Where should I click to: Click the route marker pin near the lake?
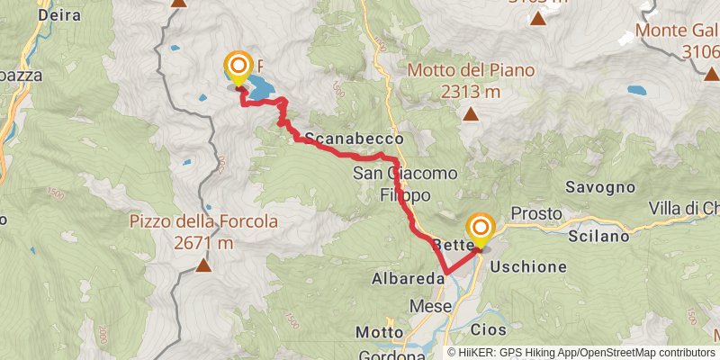238,66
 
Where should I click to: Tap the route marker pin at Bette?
480,228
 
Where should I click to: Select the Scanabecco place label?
352,139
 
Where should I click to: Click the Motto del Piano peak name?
471,70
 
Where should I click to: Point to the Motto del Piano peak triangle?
470,113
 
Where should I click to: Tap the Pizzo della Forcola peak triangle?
204,265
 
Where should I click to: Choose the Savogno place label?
596,187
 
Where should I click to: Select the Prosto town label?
535,214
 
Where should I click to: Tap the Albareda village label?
408,280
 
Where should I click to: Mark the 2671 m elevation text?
203,242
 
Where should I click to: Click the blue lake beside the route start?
261,86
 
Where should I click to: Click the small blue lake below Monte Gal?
637,91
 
